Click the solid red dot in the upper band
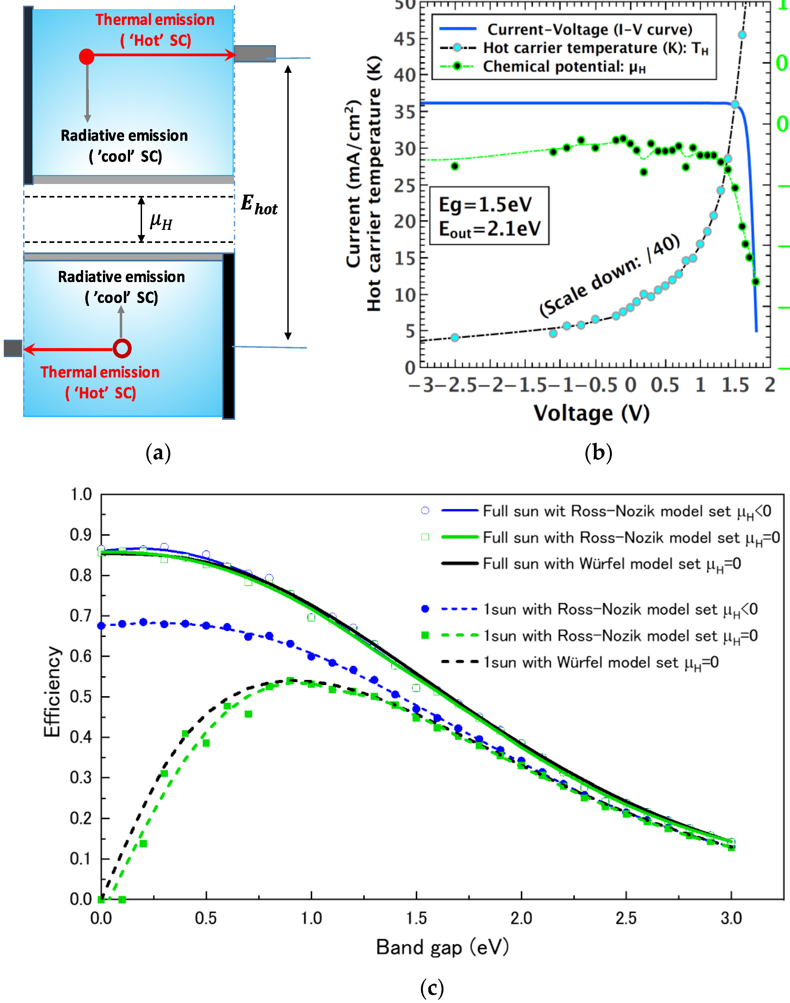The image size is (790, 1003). click(86, 57)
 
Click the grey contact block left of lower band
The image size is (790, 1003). click(13, 348)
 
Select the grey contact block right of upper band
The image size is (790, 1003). click(255, 54)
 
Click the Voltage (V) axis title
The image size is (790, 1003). click(591, 413)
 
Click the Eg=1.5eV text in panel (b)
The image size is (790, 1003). click(485, 204)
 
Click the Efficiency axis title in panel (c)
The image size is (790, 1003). click(52, 692)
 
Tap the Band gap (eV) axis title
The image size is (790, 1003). click(442, 947)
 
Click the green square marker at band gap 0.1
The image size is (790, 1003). click(122, 899)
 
